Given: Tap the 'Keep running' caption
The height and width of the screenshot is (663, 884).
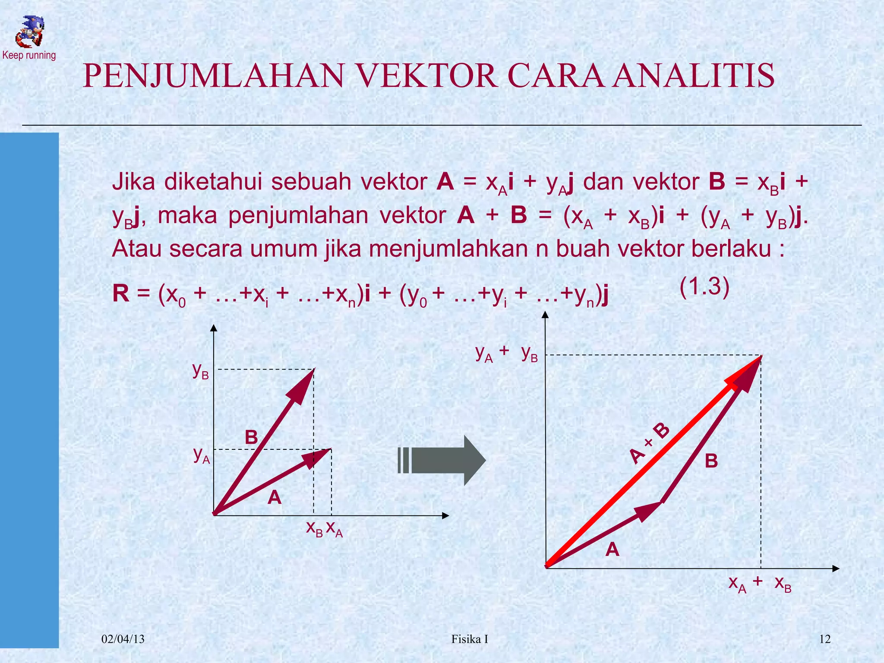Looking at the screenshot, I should (29, 55).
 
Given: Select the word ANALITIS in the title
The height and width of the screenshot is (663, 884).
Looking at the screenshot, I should (694, 76).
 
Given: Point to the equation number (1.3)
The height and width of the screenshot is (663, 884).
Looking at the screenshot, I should (704, 287).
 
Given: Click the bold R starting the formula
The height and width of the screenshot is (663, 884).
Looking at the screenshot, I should (121, 294).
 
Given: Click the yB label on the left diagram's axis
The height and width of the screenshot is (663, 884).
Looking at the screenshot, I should (201, 371).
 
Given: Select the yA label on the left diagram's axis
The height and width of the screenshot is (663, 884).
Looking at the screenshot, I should (202, 455).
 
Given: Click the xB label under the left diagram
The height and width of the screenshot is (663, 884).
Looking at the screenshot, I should (314, 529).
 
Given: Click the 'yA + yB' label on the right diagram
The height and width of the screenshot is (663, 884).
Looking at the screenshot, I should (506, 354).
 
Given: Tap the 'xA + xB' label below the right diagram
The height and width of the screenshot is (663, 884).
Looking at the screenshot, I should (760, 584).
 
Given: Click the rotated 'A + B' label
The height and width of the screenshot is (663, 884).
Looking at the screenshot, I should (649, 444).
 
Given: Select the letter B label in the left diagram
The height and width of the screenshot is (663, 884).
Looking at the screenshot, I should (251, 437).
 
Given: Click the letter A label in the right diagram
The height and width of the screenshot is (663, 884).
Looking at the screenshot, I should (612, 550).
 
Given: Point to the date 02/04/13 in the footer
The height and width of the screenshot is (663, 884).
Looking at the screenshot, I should (123, 639).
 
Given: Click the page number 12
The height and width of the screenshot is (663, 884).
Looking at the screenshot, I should (824, 639).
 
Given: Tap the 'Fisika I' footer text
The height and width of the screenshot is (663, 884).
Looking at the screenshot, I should (470, 639).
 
